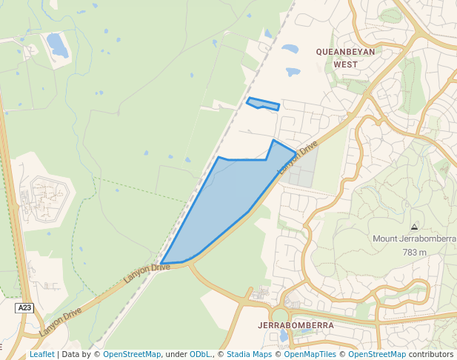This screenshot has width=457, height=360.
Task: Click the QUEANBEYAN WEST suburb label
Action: pyautogui.click(x=345, y=58)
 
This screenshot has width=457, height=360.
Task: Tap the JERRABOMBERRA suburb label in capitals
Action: pyautogui.click(x=296, y=325)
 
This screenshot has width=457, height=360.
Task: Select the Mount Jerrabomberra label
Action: pyautogui.click(x=414, y=239)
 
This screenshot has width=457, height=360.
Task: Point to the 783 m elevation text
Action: pyautogui.click(x=415, y=253)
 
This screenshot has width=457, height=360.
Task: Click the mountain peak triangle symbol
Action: pyautogui.click(x=413, y=226)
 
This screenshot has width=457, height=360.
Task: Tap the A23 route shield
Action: pyautogui.click(x=25, y=307)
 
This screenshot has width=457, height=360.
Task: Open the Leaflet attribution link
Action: pyautogui.click(x=41, y=354)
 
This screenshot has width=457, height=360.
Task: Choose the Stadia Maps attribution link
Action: pyautogui.click(x=249, y=354)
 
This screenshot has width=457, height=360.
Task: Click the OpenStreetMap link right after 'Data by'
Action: pyautogui.click(x=132, y=354)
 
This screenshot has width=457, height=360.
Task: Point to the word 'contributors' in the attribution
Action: pyautogui.click(x=431, y=354)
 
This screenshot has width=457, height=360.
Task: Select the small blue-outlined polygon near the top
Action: pyautogui.click(x=263, y=104)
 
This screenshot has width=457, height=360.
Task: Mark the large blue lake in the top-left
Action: pyautogui.click(x=57, y=45)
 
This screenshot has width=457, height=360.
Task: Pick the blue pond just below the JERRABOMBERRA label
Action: pyautogui.click(x=283, y=337)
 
